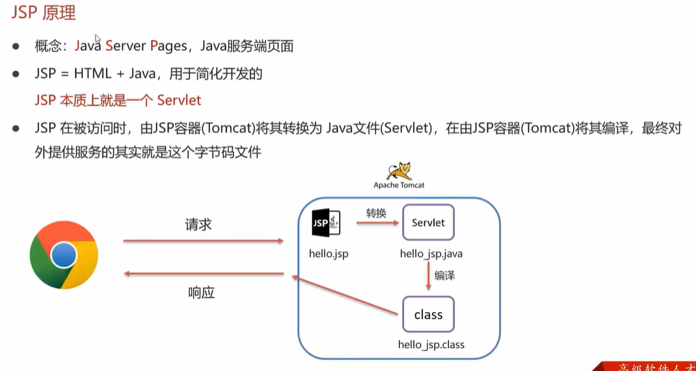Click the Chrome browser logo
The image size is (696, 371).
point(64,254)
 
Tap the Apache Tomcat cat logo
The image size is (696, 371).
point(399,171)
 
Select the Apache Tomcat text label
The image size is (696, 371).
point(399,185)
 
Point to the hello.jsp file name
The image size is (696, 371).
point(329,253)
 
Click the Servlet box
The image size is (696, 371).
point(428,223)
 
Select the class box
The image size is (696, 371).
point(428,315)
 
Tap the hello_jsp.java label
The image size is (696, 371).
point(430,253)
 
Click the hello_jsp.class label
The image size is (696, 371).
point(430,344)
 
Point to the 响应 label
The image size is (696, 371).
point(201,292)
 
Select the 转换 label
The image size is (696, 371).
point(376,213)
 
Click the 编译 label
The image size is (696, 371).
point(444,275)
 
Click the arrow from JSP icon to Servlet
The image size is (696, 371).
point(378,223)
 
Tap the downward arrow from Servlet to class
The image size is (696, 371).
point(428,277)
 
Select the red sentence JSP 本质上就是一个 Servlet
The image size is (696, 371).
point(118,101)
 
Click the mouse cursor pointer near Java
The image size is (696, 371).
point(98,40)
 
